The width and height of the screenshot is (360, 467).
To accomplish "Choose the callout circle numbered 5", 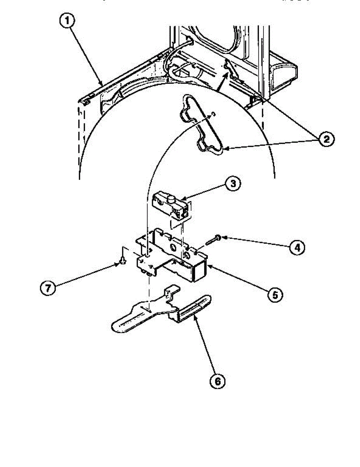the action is coord(275,295).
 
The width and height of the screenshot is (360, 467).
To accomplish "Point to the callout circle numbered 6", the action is coord(218,382).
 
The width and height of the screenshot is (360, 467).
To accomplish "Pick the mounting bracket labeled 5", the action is coord(171,257).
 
